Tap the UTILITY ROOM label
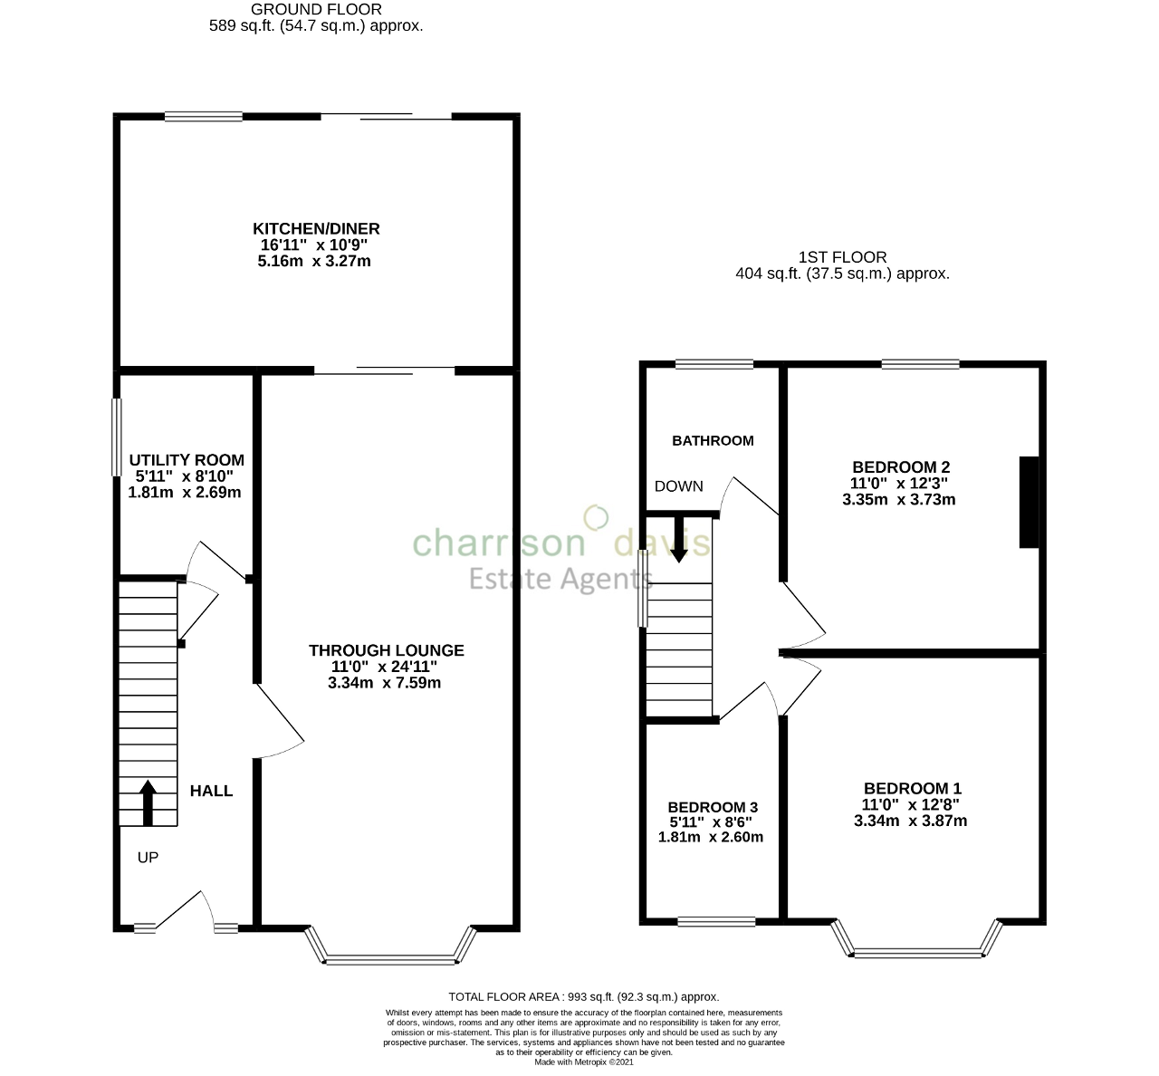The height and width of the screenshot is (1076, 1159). coord(187,460)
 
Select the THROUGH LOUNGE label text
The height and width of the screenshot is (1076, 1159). coord(386,650)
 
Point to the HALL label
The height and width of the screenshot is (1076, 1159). coord(211,791)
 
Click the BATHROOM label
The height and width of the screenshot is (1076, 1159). coord(713,441)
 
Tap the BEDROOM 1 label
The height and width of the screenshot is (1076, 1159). coord(912,789)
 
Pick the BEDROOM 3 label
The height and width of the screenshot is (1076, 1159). coord(712,807)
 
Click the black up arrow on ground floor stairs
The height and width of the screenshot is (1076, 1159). coord(148,802)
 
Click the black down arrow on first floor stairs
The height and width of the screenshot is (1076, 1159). coord(678,541)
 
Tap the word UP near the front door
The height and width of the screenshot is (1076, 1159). coord(148,857)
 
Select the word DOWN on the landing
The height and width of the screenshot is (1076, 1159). coord(678,486)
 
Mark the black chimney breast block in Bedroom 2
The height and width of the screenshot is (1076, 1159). coord(1029,502)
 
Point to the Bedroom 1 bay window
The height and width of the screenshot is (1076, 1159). coord(917,951)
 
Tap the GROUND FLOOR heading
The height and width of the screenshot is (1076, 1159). coord(316,10)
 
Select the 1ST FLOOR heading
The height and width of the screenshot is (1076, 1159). coord(842,257)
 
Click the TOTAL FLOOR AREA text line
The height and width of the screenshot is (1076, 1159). coord(583,996)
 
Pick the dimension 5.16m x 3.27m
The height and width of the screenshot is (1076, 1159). coord(314,262)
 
